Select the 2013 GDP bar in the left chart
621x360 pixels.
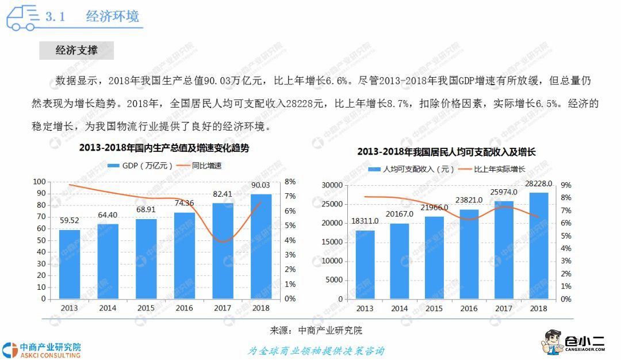point(70,264)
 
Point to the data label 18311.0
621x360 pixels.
point(365,221)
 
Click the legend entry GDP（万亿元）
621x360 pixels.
point(141,166)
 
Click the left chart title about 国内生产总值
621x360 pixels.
point(164,148)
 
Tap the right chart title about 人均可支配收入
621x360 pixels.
point(446,152)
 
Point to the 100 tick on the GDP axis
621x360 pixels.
point(40,182)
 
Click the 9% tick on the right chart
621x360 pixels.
point(566,185)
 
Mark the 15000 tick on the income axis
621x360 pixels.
point(332,242)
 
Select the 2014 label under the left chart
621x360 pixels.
point(108,308)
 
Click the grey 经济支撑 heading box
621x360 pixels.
point(76,51)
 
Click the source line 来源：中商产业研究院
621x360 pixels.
point(316,331)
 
